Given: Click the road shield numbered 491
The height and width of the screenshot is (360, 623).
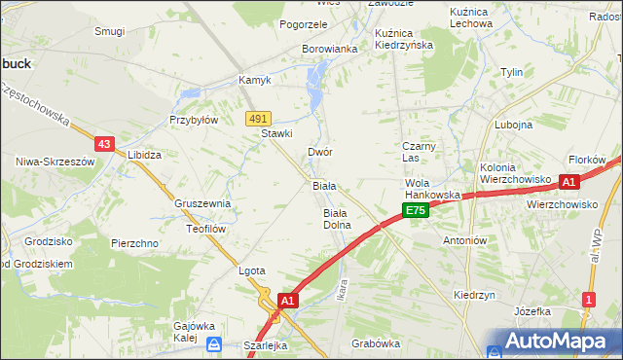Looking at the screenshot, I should [257, 118].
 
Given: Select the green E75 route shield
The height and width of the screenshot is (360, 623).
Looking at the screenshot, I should [416, 211].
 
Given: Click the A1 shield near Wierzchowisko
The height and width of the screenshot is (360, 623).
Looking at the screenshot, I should [569, 182].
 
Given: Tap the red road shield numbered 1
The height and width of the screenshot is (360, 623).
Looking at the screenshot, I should [588, 300].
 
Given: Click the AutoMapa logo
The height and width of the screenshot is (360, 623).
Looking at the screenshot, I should [552, 342].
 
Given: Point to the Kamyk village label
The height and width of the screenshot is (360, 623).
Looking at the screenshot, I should [255, 80].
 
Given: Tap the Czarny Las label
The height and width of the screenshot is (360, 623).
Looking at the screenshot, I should [423, 152].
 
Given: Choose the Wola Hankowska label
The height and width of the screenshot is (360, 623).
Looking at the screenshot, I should [432, 189].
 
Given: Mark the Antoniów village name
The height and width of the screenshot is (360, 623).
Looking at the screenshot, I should [464, 240].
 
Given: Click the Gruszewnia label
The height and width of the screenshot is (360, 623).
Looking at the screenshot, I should [202, 204].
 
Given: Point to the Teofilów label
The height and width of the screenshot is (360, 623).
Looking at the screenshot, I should [206, 229].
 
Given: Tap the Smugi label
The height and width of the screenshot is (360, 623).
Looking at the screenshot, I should [109, 31].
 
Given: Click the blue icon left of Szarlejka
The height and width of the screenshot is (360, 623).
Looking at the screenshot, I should [215, 343].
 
